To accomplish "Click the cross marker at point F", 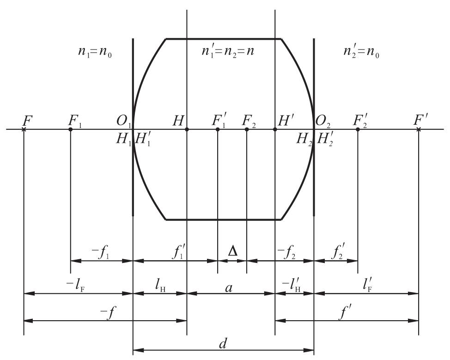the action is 24,129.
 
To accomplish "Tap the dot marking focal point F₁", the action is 71,129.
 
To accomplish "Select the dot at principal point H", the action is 187,129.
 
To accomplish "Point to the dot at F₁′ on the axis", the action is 218,129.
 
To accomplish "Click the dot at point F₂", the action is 247,129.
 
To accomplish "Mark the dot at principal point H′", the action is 275,129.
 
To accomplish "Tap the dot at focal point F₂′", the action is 358,129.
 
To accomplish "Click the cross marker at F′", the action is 419,129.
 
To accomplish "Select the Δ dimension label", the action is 233,251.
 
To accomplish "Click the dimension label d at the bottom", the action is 223,343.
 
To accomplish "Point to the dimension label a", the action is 229,287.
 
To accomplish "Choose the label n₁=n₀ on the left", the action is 95,52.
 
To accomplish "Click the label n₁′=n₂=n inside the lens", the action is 228,51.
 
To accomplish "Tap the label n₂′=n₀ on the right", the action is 361,52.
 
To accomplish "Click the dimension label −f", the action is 108,313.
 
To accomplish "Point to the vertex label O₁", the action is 124,121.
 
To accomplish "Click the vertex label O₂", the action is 323,121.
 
